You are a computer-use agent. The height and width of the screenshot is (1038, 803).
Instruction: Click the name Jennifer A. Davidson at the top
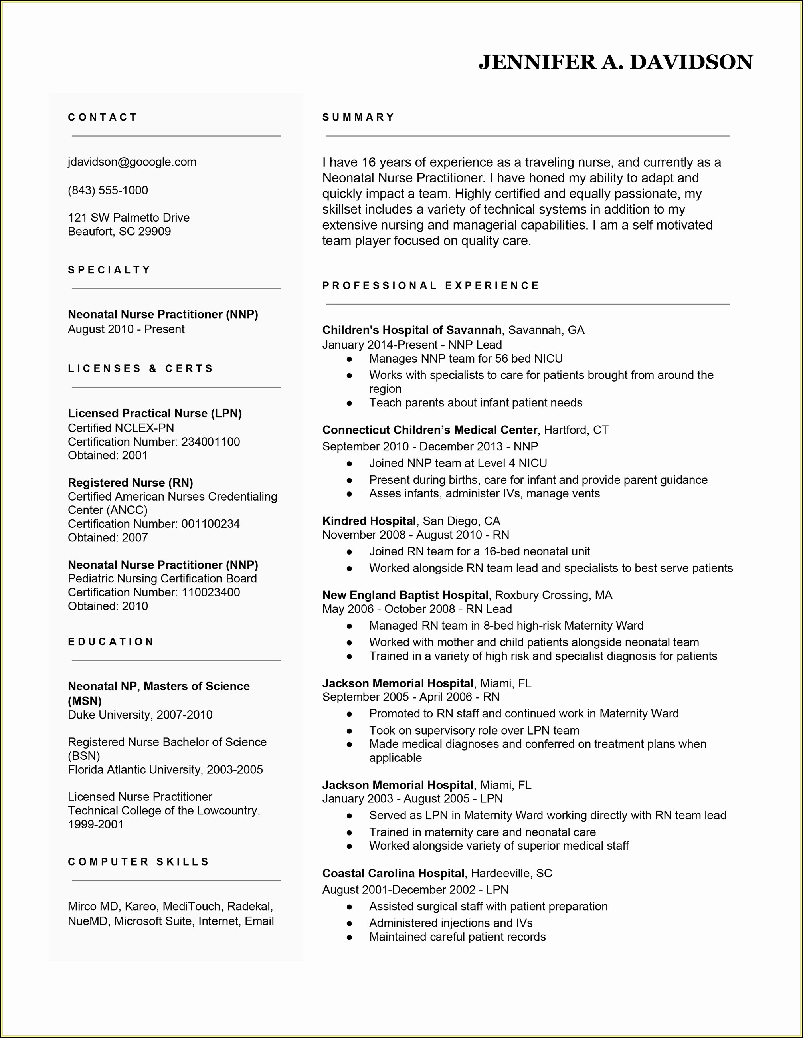coord(615,62)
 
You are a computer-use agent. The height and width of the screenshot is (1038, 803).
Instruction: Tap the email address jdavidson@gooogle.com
coord(132,162)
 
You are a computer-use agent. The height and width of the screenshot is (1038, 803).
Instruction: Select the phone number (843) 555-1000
coord(108,190)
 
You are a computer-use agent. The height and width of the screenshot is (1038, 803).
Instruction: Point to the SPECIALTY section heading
coord(109,270)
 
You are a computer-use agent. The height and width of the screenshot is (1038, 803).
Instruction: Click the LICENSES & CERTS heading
coord(140,369)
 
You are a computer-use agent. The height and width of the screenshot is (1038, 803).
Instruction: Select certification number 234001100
coord(210,442)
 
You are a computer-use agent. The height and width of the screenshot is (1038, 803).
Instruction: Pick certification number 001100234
coord(210,524)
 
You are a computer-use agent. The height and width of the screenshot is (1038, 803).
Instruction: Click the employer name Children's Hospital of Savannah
coord(412,330)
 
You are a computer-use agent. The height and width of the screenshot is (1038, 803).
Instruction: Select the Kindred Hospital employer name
coord(369,521)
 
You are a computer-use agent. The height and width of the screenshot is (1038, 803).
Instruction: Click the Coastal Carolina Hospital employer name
coord(394,873)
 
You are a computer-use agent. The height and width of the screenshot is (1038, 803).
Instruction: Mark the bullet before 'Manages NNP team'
coord(350,359)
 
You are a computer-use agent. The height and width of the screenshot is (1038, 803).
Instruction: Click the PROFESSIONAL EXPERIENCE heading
coord(431,285)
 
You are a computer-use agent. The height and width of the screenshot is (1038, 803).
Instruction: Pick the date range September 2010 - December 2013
coord(412,446)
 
